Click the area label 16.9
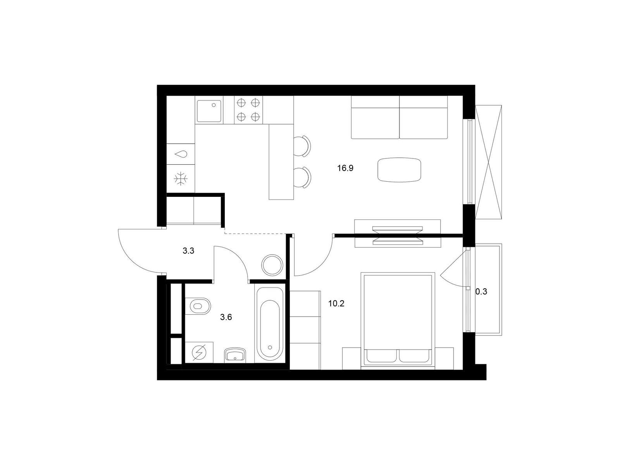click(x=345, y=168)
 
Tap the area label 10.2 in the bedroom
click(x=336, y=304)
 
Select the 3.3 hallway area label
click(x=188, y=251)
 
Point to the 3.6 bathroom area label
click(x=226, y=317)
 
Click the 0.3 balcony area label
click(x=481, y=292)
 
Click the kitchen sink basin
click(x=209, y=111)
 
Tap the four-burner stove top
click(x=248, y=110)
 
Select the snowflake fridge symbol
click(x=181, y=179)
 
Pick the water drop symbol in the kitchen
click(x=181, y=154)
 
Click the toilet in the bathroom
click(x=198, y=306)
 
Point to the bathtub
click(x=270, y=324)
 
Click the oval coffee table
click(x=399, y=170)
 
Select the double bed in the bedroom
click(x=398, y=321)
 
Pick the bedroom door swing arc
click(x=322, y=265)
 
